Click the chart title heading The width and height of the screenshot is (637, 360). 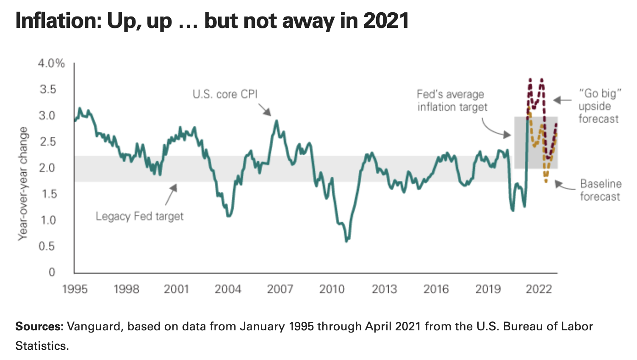pyautogui.click(x=212, y=20)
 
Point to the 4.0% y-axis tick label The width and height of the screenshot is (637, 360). pyautogui.click(x=51, y=64)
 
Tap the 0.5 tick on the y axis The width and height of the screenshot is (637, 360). pyautogui.click(x=47, y=246)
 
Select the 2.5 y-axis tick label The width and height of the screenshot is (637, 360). pyautogui.click(x=47, y=142)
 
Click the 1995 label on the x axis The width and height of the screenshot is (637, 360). pyautogui.click(x=75, y=289)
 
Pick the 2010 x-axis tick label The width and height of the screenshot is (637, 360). pyautogui.click(x=332, y=289)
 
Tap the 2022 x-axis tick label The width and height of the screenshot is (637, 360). pyautogui.click(x=539, y=289)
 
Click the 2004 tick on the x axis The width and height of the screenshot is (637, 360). pyautogui.click(x=228, y=289)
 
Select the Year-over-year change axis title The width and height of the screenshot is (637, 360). pyautogui.click(x=23, y=183)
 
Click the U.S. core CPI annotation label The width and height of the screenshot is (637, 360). pyautogui.click(x=225, y=94)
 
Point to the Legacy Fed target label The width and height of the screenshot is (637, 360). pyautogui.click(x=140, y=216)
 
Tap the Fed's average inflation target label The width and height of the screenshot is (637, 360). pyautogui.click(x=452, y=100)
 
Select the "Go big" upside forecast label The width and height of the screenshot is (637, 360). pyautogui.click(x=599, y=106)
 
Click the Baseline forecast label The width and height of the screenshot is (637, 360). pyautogui.click(x=600, y=190)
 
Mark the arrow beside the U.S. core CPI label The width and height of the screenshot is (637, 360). pyautogui.click(x=265, y=110)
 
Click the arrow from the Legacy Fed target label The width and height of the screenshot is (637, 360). pyautogui.click(x=171, y=194)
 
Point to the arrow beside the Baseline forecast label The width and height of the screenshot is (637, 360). pyautogui.click(x=565, y=185)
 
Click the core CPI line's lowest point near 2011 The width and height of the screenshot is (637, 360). pyautogui.click(x=347, y=241)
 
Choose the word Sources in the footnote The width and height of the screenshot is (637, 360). pyautogui.click(x=39, y=327)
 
